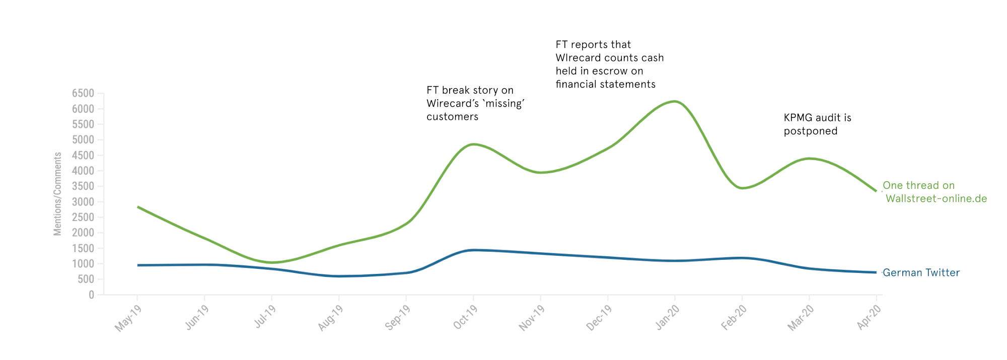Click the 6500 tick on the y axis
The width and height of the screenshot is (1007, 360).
(x=83, y=93)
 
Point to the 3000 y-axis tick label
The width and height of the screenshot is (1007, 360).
(x=83, y=202)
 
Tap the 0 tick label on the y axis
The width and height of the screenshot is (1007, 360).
(x=91, y=295)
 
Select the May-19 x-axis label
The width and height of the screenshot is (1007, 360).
(x=128, y=319)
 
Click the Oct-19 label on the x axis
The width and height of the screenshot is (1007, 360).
(x=465, y=318)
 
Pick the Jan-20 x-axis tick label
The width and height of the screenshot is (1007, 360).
(x=668, y=318)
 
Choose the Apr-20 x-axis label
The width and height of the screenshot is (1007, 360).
(x=869, y=318)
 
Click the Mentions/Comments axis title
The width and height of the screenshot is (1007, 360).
(x=58, y=194)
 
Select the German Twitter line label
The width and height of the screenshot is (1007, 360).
(x=921, y=273)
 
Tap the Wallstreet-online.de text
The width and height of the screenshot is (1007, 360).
(x=936, y=199)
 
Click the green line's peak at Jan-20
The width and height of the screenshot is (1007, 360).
(x=674, y=102)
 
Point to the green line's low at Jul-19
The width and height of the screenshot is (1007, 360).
(x=272, y=262)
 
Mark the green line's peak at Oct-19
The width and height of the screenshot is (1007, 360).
(x=473, y=145)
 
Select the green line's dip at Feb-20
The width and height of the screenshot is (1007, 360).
(x=742, y=188)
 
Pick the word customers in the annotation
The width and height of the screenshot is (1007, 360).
(x=452, y=117)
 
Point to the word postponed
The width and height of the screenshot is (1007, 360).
(x=811, y=131)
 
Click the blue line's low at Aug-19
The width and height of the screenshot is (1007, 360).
(x=339, y=276)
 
